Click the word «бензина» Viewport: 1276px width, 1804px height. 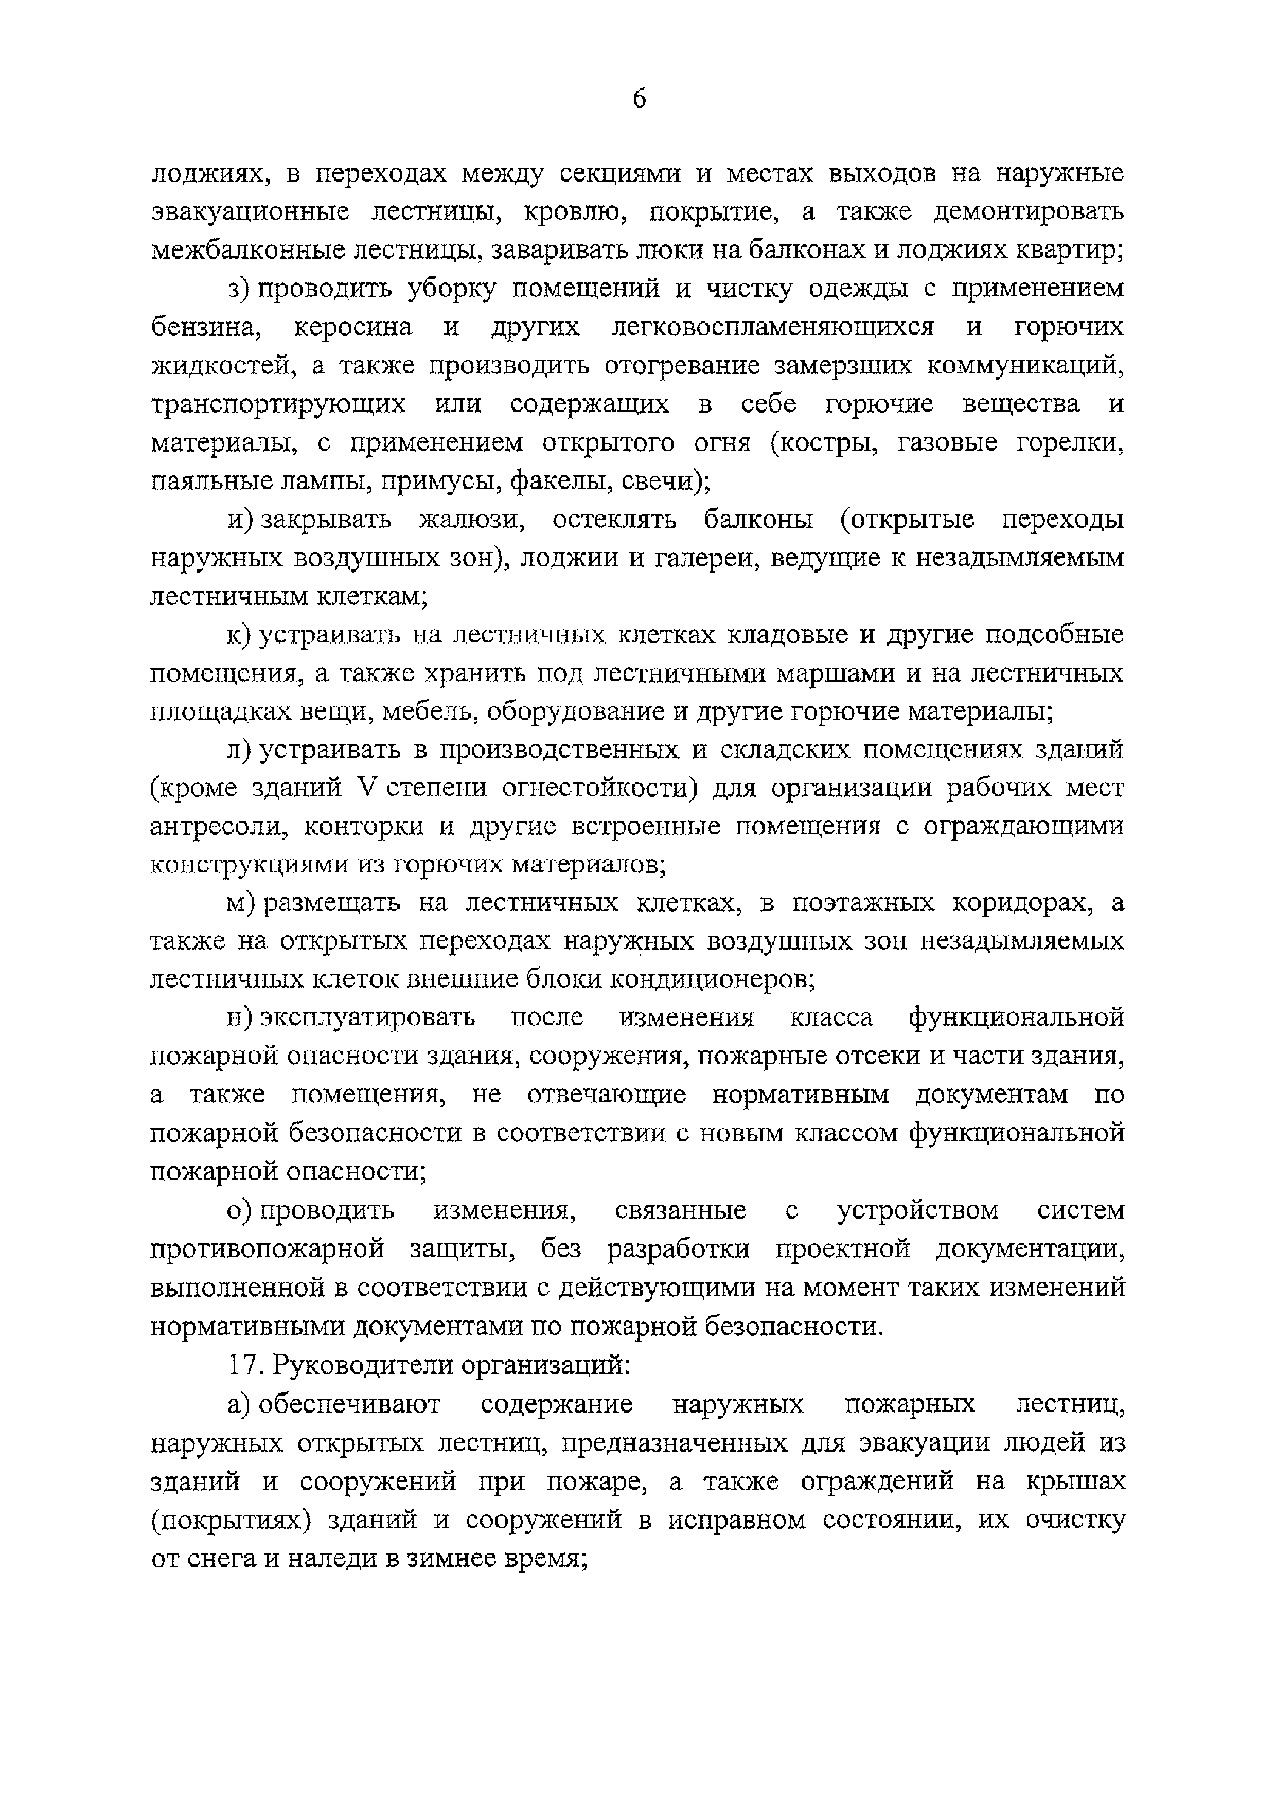pos(206,327)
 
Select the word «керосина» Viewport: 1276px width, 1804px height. pos(353,327)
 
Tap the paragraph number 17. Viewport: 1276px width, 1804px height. pos(243,1365)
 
